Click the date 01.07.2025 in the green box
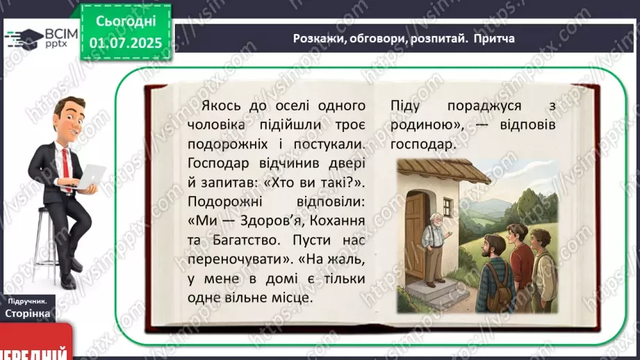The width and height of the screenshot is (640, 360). tap(126, 43)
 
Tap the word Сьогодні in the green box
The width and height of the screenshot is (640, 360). tap(126, 22)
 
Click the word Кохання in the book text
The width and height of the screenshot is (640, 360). tap(337, 221)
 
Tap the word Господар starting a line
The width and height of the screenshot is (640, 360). tap(218, 164)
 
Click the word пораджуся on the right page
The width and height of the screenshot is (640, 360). tap(484, 106)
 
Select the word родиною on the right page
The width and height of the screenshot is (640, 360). tap(425, 125)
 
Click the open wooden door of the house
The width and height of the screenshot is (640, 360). tap(416, 237)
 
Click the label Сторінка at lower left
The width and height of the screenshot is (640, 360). tap(27, 313)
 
